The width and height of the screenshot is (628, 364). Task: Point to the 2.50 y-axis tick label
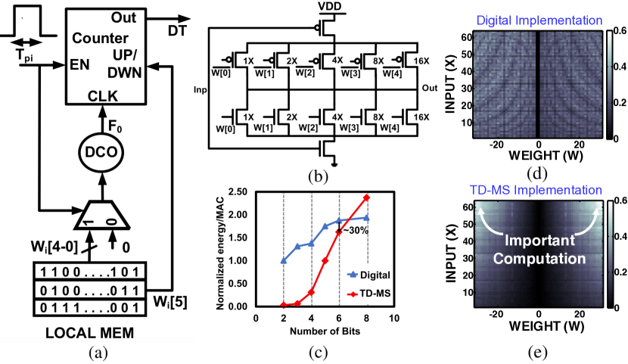[x=236, y=192]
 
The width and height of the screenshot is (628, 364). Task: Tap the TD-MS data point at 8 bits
[x=368, y=198]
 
